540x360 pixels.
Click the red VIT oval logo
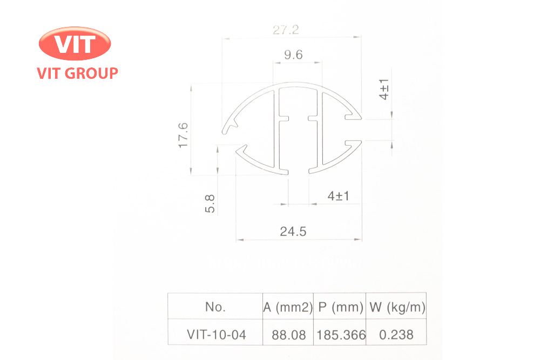click(75, 43)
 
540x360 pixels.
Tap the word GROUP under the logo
click(91, 73)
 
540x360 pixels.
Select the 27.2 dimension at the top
click(286, 30)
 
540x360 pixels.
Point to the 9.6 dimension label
click(293, 55)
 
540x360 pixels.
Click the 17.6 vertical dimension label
click(183, 135)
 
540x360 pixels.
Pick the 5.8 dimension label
click(210, 203)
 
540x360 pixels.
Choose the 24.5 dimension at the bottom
click(293, 232)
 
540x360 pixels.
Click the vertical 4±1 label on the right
click(384, 89)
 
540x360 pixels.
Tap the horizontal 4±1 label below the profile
click(338, 196)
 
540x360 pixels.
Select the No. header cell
click(215, 307)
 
